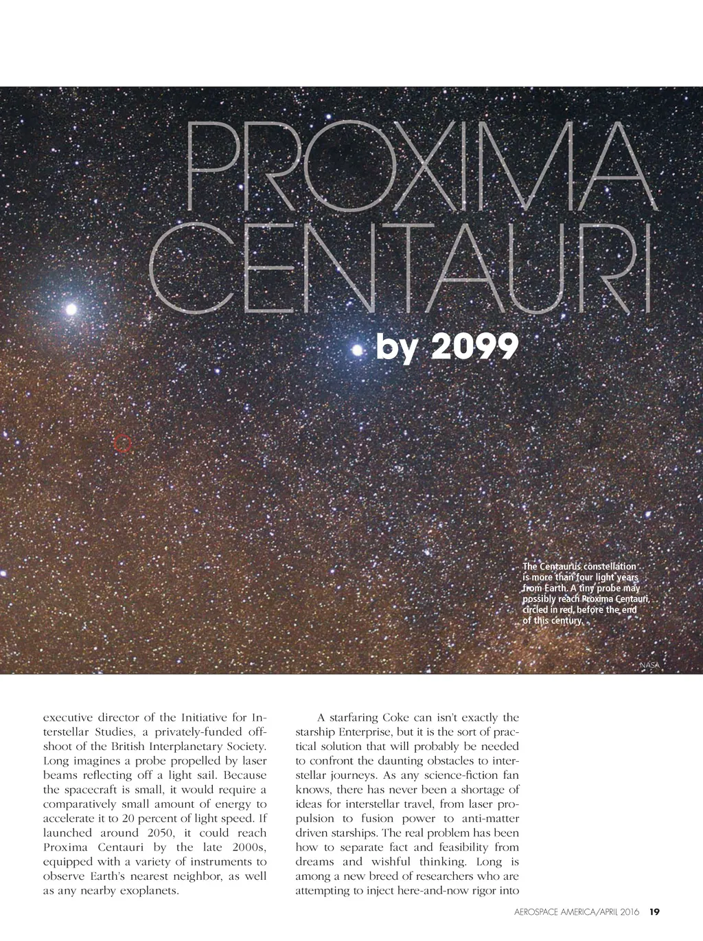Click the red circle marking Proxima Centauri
[122, 444]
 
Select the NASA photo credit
[649, 666]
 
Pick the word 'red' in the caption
[566, 611]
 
